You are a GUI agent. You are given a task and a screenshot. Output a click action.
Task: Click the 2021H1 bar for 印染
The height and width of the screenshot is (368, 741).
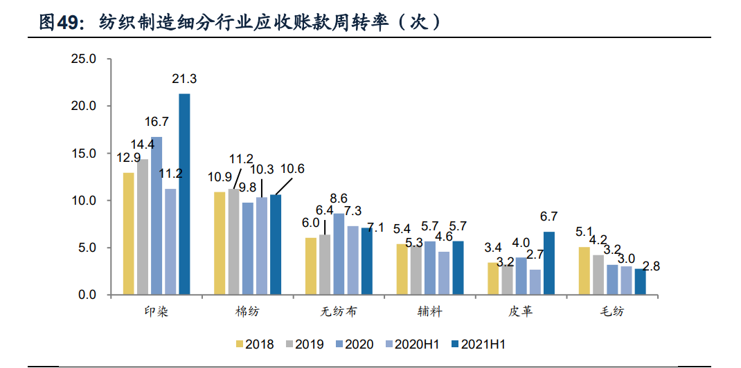184,194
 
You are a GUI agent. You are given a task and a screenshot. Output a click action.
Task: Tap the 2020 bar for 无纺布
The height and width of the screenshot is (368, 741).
339,254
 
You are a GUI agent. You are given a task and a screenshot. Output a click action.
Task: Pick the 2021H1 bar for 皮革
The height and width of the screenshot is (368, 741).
549,263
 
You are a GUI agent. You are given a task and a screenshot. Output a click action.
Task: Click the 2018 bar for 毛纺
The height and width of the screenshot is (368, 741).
584,270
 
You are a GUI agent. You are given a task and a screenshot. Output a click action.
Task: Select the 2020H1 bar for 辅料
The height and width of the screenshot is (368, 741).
444,273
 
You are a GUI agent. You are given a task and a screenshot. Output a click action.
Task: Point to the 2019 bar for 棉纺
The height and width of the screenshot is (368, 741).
233,242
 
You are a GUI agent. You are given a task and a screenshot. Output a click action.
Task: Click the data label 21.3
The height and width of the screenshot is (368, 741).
184,80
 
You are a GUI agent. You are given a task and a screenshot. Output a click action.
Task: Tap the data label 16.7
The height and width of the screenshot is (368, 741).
157,122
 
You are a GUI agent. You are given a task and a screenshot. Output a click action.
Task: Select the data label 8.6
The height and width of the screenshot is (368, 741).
339,198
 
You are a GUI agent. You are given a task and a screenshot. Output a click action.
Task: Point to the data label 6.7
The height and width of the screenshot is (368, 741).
549,217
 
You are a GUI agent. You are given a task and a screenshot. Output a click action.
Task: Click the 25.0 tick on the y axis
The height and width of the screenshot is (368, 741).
83,59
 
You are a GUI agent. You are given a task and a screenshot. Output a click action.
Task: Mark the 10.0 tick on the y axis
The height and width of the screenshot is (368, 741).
83,201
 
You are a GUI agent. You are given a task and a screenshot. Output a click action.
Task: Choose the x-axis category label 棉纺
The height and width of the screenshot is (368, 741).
247,312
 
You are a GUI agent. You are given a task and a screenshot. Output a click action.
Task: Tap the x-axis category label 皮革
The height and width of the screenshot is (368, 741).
521,312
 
